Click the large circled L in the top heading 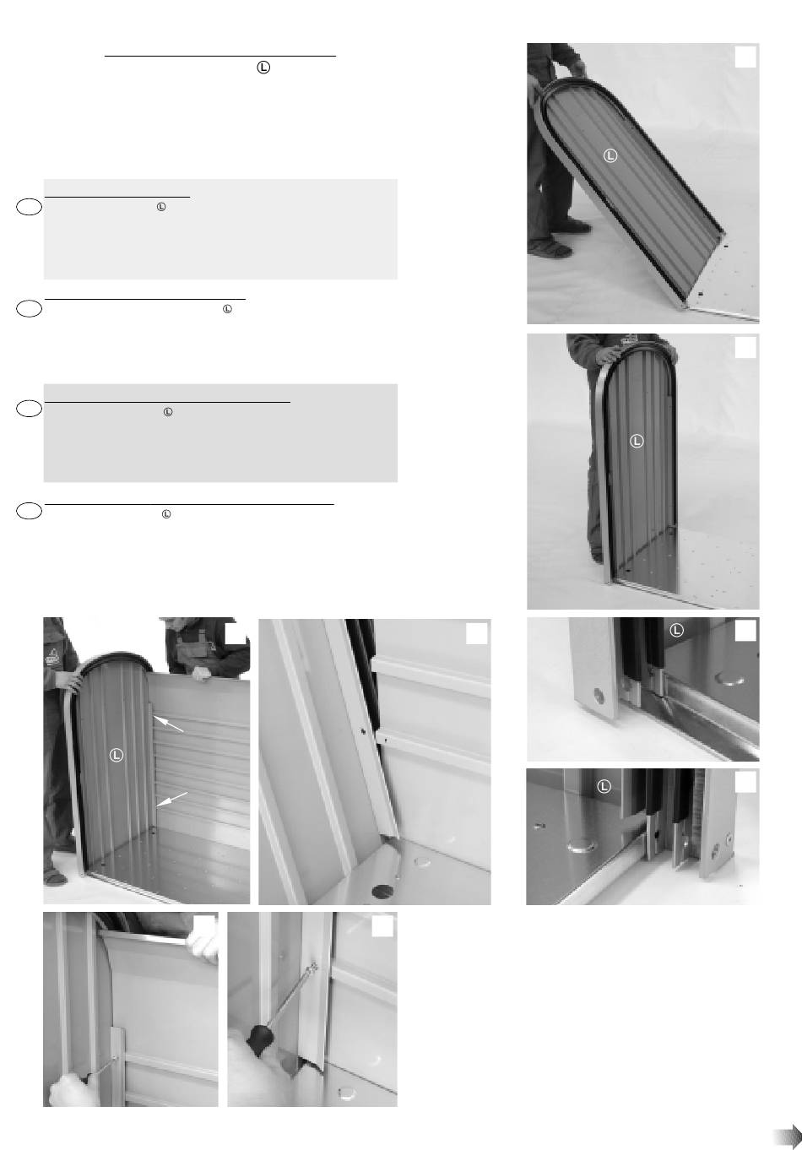point(263,68)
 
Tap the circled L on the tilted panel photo point(610,155)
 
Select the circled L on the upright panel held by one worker point(637,441)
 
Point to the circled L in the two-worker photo point(117,755)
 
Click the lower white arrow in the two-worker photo point(172,800)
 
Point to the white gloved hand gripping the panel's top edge point(203,944)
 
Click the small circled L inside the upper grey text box point(161,206)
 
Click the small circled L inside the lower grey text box point(167,412)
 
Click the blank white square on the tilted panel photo point(745,57)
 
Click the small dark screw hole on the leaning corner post point(364,731)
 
